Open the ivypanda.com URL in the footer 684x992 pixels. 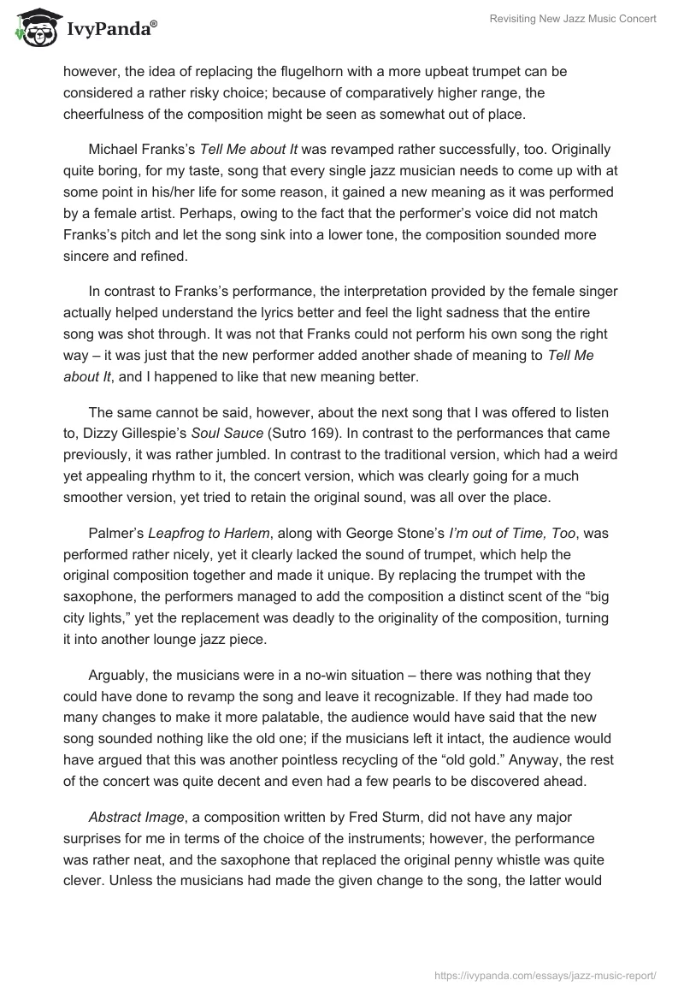point(545,974)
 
